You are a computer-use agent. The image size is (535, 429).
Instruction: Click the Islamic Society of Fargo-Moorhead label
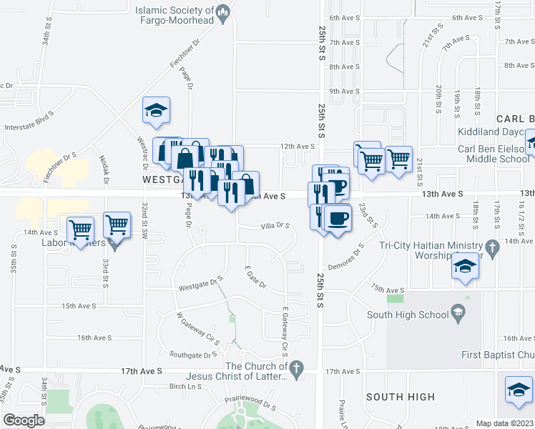click(x=175, y=16)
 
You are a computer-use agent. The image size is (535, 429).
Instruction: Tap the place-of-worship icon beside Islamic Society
click(x=223, y=11)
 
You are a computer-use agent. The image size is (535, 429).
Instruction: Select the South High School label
click(x=406, y=314)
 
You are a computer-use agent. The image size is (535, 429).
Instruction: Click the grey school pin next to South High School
click(x=456, y=312)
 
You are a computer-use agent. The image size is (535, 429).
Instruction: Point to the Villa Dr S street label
click(x=275, y=226)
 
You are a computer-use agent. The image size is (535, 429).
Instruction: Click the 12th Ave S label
click(x=298, y=146)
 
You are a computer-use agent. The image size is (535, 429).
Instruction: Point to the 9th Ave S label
click(x=344, y=92)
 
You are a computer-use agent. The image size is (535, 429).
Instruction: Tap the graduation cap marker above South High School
click(x=465, y=267)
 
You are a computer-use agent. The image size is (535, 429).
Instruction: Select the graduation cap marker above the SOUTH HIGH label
click(x=519, y=390)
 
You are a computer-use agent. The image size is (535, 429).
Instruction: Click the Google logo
click(x=24, y=420)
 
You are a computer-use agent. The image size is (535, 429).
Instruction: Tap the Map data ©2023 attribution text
click(x=504, y=423)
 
